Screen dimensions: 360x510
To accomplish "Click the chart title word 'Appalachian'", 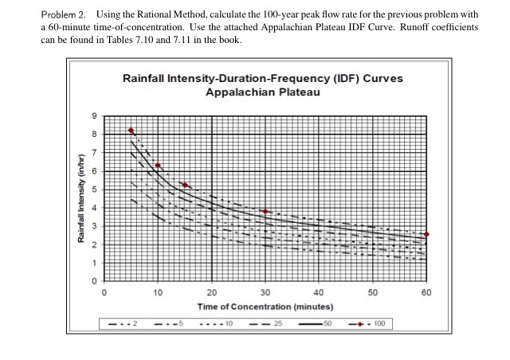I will [237, 92].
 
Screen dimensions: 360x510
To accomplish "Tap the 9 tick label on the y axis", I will [93, 115].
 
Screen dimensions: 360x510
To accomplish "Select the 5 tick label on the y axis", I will [93, 190].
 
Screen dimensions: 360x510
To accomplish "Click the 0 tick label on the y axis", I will [93, 282].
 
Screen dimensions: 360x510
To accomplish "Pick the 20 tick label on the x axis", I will [212, 292].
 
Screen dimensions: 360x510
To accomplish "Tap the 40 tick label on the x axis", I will [319, 292].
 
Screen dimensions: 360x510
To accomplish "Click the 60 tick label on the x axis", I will [426, 292].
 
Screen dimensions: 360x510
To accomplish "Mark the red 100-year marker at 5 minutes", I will [131, 131].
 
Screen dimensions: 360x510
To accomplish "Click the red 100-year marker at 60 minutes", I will [426, 234].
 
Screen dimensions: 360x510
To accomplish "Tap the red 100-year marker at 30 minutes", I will [265, 211].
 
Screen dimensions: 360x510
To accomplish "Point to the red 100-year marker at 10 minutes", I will [158, 166].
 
